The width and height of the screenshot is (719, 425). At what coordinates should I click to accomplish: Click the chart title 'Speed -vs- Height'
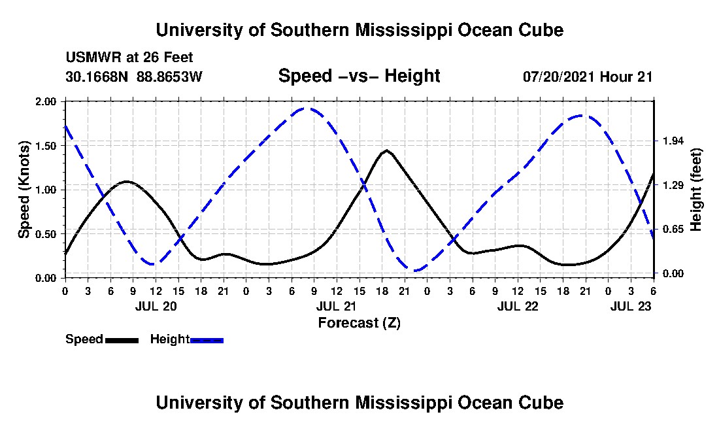359,76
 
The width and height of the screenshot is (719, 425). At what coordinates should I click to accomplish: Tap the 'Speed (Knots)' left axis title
24,189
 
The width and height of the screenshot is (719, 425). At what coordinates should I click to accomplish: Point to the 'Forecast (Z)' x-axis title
359,322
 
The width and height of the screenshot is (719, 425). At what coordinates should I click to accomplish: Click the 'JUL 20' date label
156,306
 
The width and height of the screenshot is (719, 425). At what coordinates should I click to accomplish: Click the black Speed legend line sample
122,340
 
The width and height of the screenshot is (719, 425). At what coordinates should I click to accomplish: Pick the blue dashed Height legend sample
207,340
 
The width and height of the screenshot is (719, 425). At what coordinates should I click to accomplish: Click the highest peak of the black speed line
387,150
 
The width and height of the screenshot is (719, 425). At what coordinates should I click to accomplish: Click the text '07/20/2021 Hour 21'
588,76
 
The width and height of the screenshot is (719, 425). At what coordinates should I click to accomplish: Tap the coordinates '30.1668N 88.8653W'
134,76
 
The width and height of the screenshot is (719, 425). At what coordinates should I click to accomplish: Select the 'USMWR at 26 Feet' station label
129,58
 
